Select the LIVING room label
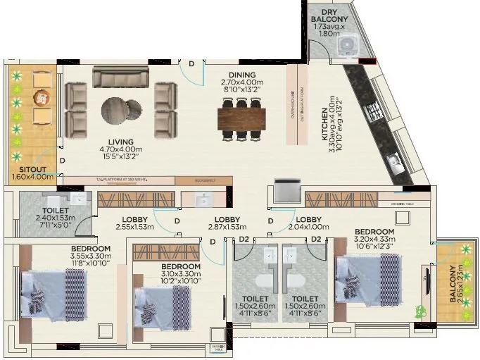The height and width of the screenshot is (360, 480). click(120, 142)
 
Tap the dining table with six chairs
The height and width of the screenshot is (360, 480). click(241, 116)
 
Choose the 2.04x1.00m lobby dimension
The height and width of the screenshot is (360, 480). click(309, 228)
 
